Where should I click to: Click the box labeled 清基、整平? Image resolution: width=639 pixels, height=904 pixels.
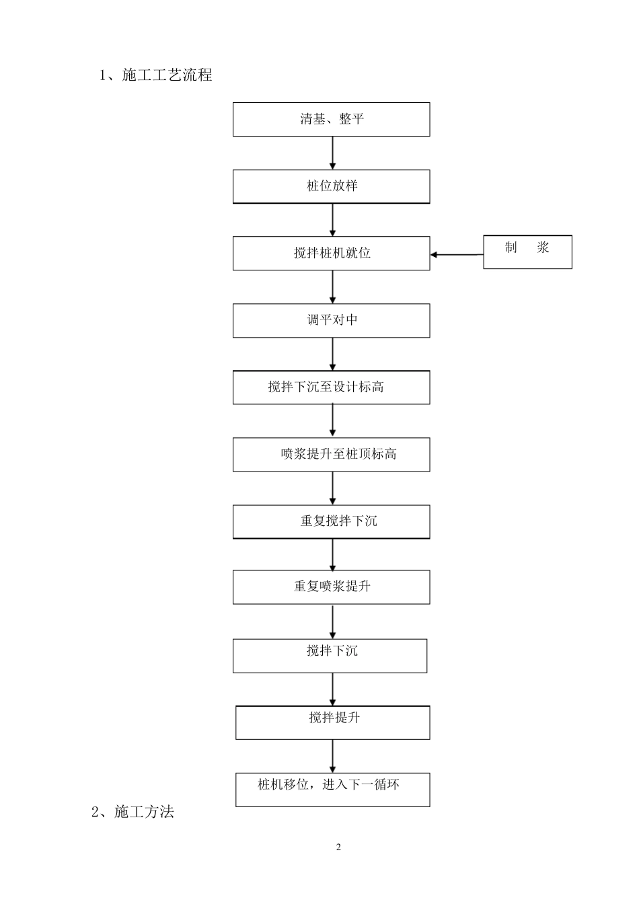tap(331, 120)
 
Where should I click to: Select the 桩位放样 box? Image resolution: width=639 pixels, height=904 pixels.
tap(331, 186)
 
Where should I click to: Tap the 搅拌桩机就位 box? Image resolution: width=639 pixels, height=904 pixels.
tap(331, 254)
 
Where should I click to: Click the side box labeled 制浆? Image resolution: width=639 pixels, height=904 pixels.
tap(527, 252)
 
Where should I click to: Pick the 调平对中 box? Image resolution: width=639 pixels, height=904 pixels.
tap(331, 320)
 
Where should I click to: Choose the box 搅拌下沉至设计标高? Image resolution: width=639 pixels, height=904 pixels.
tap(331, 387)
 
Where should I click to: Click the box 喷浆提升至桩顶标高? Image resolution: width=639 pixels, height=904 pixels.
tap(331, 455)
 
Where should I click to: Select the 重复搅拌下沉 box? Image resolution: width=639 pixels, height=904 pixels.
tap(331, 521)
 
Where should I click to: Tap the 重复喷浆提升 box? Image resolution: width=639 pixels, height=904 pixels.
tap(331, 587)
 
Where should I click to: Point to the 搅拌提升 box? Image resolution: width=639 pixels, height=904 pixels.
tap(332, 722)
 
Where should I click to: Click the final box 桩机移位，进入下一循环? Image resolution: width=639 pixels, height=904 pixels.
tap(332, 790)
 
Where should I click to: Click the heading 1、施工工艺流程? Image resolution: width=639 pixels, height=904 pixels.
tap(156, 75)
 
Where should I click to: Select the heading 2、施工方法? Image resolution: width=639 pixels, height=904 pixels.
tap(133, 812)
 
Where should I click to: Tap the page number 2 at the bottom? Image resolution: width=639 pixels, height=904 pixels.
tap(338, 848)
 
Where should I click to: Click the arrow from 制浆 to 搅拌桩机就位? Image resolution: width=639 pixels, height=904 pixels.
tap(457, 255)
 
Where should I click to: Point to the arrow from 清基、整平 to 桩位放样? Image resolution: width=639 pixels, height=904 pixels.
tap(332, 153)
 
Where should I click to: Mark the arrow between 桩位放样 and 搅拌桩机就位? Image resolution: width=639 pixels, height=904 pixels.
tap(332, 220)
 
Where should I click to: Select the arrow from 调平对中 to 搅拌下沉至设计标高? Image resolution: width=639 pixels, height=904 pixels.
tap(332, 354)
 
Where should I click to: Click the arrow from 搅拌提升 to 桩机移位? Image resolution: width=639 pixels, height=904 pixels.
tap(332, 756)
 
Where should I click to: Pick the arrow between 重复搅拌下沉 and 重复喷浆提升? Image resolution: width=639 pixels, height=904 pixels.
tap(332, 554)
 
